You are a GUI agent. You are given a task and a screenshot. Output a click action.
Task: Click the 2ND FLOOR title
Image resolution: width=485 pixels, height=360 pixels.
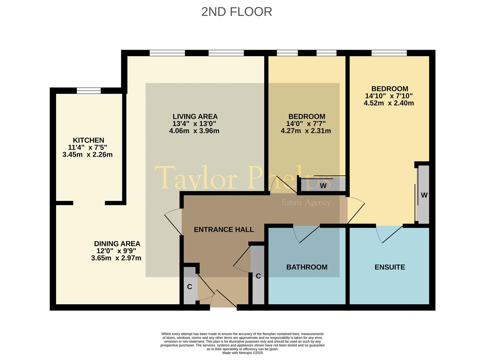[237, 12]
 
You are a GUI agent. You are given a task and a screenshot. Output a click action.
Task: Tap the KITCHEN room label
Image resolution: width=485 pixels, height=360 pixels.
[89, 140]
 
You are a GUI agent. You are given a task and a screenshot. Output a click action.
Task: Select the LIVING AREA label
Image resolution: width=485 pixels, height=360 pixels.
[195, 116]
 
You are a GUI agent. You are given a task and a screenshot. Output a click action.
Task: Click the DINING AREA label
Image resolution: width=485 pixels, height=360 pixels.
[117, 244]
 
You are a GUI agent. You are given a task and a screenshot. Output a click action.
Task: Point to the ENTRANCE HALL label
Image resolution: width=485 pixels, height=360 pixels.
[224, 229]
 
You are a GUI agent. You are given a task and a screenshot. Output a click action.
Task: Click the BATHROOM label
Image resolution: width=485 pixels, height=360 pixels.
[307, 267]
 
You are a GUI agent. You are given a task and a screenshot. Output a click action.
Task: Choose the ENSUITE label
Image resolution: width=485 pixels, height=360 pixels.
[390, 267]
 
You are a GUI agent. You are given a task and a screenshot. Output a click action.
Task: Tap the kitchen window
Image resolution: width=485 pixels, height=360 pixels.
[89, 90]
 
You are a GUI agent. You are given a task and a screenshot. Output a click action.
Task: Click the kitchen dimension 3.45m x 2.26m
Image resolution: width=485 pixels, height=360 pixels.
[88, 155]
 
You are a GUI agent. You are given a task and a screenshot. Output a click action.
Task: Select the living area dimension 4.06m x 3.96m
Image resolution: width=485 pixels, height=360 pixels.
[194, 131]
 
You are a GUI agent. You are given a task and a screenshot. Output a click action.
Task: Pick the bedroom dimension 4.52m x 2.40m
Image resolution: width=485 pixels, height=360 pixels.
[389, 103]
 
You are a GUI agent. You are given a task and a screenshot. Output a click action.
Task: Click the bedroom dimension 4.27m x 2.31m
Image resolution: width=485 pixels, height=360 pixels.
[306, 131]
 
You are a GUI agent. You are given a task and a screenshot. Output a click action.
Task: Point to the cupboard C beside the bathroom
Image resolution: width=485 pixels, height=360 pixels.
[258, 276]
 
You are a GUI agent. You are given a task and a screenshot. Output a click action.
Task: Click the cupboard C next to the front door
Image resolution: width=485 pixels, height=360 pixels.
[190, 287]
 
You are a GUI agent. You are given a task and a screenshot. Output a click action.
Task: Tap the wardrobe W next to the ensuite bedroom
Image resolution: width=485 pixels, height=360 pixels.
[424, 195]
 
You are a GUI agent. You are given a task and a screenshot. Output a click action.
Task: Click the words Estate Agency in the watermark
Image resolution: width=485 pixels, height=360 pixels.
[306, 202]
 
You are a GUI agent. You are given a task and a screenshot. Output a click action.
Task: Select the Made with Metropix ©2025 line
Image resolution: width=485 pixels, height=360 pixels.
[242, 353]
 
